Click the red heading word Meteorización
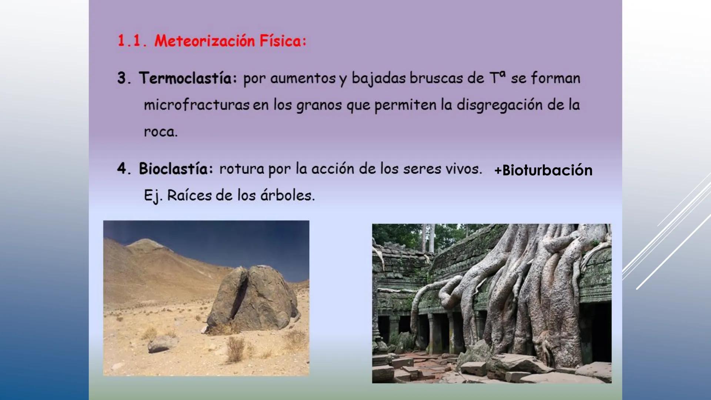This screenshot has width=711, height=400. [204, 41]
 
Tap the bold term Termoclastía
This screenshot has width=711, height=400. [188, 78]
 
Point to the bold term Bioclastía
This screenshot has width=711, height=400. [176, 169]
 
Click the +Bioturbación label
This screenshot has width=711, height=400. [543, 170]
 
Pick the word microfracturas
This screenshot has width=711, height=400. [196, 105]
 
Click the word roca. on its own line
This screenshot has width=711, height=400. [161, 132]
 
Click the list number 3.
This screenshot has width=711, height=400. [123, 78]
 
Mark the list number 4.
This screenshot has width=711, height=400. [122, 169]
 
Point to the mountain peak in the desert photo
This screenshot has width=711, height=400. [145, 242]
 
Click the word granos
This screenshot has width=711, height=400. [318, 105]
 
